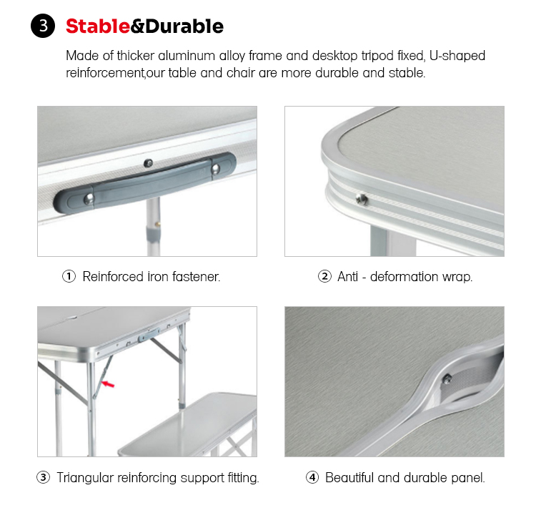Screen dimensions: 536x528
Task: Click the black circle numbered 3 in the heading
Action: [x=43, y=26]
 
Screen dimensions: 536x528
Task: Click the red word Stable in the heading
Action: [x=98, y=26]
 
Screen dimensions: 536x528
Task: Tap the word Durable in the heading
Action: [x=184, y=26]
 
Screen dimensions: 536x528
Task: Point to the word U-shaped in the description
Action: [x=457, y=56]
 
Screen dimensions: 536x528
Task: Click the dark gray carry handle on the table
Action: [x=145, y=183]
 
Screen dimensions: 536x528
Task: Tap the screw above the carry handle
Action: [x=148, y=163]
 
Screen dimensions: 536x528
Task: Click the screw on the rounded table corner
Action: [x=362, y=199]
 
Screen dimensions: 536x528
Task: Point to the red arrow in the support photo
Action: [x=109, y=385]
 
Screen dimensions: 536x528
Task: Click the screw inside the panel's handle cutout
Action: [x=447, y=378]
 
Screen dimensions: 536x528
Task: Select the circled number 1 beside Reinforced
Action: [x=69, y=276]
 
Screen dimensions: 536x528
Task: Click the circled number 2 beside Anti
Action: [x=324, y=276]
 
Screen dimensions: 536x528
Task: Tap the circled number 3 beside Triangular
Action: [x=44, y=477]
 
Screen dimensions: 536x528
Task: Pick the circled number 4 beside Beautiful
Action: [x=312, y=477]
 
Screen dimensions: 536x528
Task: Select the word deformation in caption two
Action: [x=404, y=276]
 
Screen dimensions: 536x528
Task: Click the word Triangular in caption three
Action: [x=85, y=478]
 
